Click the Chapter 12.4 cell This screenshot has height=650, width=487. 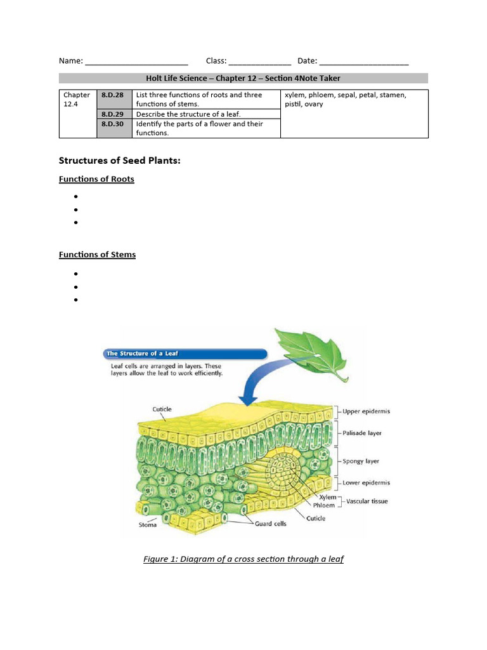point(77,99)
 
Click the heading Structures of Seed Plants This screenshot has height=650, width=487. point(120,161)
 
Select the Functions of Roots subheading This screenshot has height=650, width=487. point(96,179)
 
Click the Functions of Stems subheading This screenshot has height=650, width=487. point(97,255)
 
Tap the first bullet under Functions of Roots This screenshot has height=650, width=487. point(75,197)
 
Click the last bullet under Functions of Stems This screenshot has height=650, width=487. point(75,300)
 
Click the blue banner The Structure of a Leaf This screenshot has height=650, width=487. point(184,354)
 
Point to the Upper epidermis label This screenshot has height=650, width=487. point(367,411)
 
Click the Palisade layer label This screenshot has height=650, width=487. point(363,434)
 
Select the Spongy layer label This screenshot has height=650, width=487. point(361,461)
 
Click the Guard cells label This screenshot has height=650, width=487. point(271,524)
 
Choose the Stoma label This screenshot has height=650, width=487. point(148,525)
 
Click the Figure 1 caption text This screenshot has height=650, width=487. point(243,559)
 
